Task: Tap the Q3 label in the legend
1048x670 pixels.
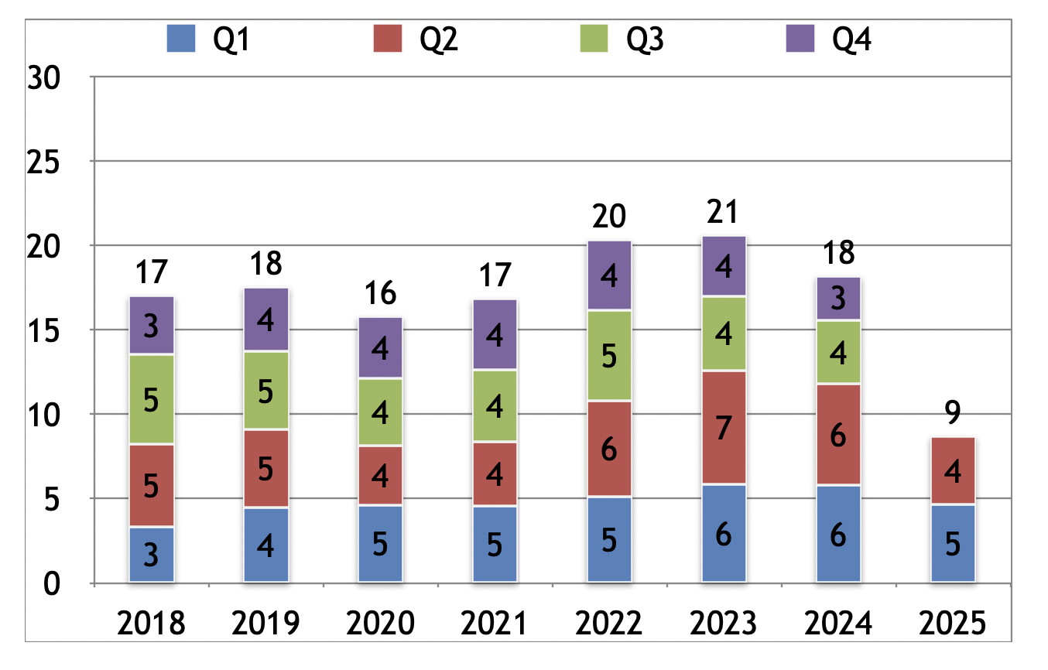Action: (644, 39)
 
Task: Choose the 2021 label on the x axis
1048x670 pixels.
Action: (495, 624)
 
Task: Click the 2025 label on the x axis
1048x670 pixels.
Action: (953, 624)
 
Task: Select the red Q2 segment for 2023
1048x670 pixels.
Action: (724, 428)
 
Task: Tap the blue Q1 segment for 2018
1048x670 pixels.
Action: (152, 554)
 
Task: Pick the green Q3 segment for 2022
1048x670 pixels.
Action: (609, 356)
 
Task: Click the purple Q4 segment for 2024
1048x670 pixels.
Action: (838, 299)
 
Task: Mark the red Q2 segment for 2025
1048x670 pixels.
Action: (953, 471)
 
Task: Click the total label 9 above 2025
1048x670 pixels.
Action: (953, 414)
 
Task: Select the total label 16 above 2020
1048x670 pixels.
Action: (380, 294)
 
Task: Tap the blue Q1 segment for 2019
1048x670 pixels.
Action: (265, 545)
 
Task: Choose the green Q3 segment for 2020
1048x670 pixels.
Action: (380, 412)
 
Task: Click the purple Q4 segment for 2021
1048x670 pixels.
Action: (495, 334)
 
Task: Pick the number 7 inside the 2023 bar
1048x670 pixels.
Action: (724, 428)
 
